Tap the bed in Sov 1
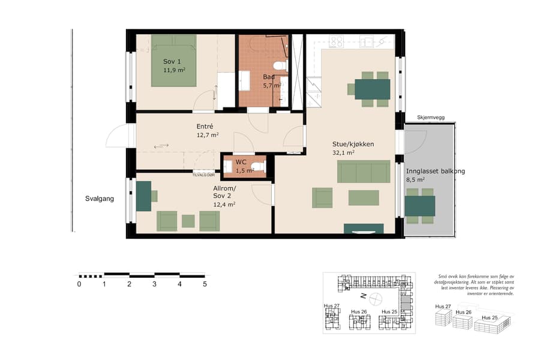pyautogui.click(x=173, y=60)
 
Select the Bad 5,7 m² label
pyautogui.click(x=271, y=81)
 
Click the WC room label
pyautogui.click(x=241, y=162)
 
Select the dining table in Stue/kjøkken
pyautogui.click(x=372, y=89)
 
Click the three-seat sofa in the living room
pyautogui.click(x=363, y=172)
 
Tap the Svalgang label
pyautogui.click(x=99, y=198)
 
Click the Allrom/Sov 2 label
pyautogui.click(x=224, y=196)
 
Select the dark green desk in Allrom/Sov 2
pyautogui.click(x=143, y=196)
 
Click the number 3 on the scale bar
pyautogui.click(x=154, y=284)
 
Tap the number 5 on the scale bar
pyautogui.click(x=205, y=284)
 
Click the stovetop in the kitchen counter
pyautogui.click(x=336, y=41)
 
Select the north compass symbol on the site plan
pyautogui.click(x=375, y=298)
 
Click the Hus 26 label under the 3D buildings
pyautogui.click(x=464, y=313)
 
